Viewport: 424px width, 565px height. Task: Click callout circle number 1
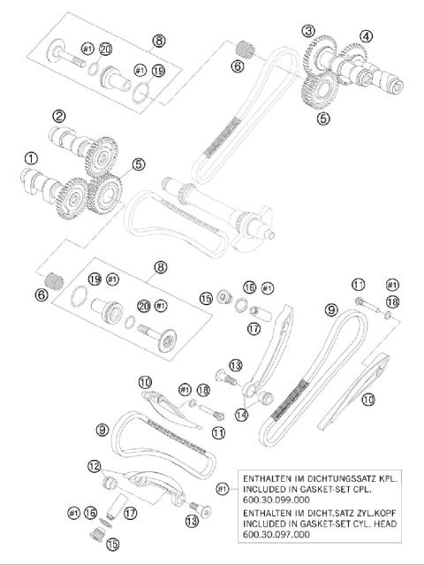coord(31,158)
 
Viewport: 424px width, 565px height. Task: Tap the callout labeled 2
coord(59,116)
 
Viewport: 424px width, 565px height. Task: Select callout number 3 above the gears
coord(307,31)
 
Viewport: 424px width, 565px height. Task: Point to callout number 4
coord(366,36)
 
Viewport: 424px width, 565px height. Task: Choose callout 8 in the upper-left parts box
coord(158,40)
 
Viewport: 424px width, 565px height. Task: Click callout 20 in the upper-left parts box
coord(106,49)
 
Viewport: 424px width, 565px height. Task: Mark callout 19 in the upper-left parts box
coord(159,70)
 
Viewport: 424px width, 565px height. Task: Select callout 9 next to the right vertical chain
coord(331,309)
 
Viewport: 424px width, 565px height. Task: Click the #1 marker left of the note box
coord(222,488)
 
